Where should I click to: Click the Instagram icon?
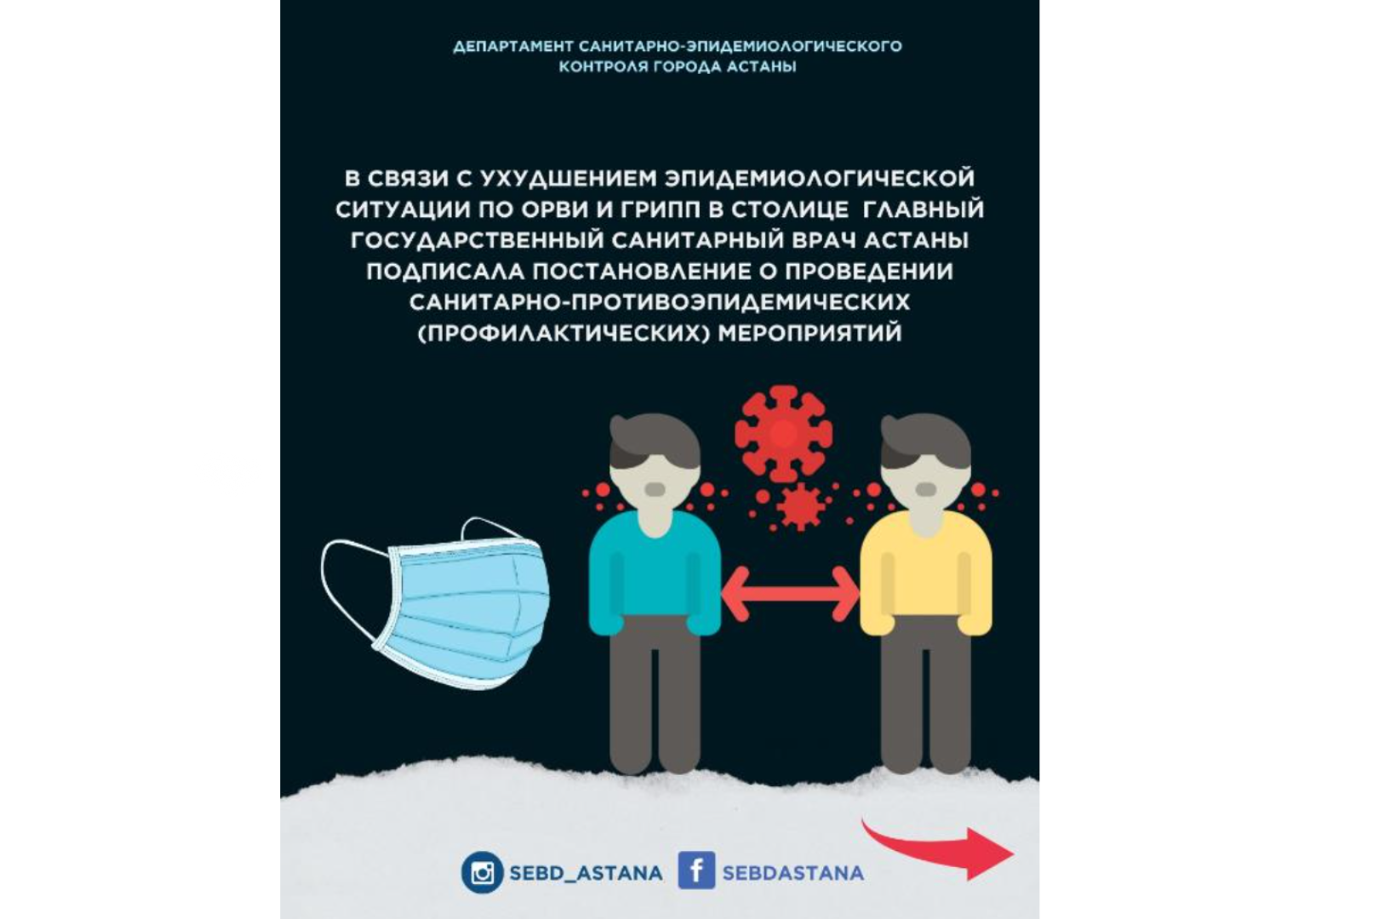click(x=482, y=873)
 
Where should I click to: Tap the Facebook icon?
click(x=695, y=871)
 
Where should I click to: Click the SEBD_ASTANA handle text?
click(x=585, y=873)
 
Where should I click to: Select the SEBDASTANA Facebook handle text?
click(x=792, y=873)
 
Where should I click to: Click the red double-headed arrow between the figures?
click(x=790, y=592)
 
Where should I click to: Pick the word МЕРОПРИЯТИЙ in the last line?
click(x=810, y=333)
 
